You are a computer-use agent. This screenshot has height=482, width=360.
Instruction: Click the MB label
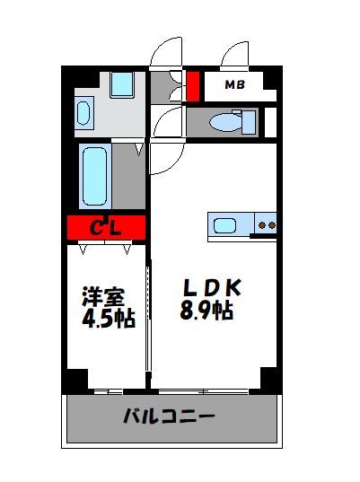click(234, 86)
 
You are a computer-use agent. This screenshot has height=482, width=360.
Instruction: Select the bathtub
click(94, 176)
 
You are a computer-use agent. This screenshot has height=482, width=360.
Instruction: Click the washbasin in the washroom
click(83, 113)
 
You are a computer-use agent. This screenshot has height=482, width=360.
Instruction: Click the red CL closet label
click(105, 228)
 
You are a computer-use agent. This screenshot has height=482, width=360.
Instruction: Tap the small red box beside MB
click(193, 87)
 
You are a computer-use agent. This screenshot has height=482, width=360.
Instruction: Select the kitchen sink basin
click(224, 223)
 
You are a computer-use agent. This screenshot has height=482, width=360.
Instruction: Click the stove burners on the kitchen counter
click(265, 224)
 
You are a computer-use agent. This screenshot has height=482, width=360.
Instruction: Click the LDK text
click(212, 289)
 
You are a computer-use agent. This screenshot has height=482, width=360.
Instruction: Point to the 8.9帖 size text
click(207, 312)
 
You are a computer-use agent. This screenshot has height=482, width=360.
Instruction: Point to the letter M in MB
click(229, 86)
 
